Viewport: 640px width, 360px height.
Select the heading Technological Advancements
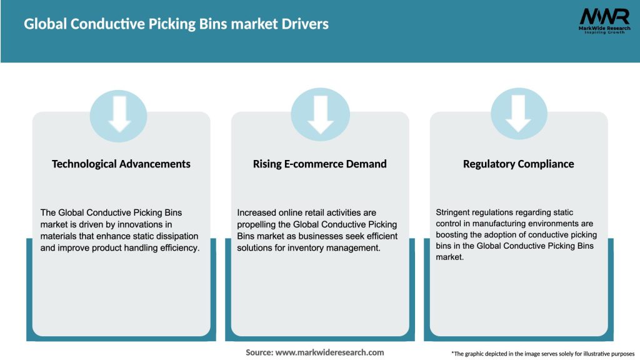pos(121,164)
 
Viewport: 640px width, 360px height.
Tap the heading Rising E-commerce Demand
pos(320,164)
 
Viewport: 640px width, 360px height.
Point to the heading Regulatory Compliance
pos(518,164)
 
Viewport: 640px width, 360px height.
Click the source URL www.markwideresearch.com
pos(329,352)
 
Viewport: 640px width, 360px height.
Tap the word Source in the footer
pos(259,352)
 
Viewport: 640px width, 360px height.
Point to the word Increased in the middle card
pos(259,212)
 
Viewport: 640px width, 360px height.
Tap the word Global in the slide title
pos(46,24)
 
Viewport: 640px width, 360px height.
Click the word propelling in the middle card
pos(258,224)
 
